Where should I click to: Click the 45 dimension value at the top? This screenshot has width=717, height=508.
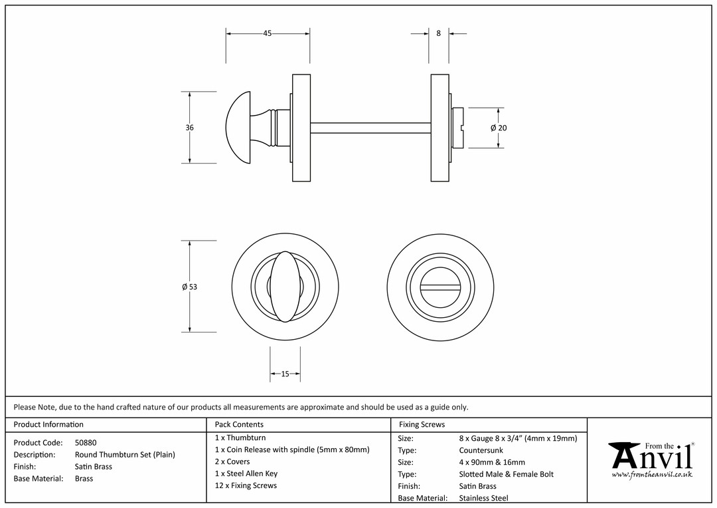coord(268,33)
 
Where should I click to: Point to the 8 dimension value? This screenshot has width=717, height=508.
coord(439,33)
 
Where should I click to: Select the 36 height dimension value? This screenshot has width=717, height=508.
coord(190,128)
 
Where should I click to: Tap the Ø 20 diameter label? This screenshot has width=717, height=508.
coord(499,128)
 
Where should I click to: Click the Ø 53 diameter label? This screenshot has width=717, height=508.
coord(189,287)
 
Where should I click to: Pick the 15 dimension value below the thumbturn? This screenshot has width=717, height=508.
coord(285,374)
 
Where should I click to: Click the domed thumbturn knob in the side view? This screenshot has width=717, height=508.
coord(238,128)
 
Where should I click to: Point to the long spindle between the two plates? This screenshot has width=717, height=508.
coord(370,128)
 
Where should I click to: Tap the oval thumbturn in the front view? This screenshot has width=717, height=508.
coord(285,287)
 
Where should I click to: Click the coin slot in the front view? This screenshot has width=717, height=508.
coord(440,288)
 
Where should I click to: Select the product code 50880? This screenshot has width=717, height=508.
coord(86,442)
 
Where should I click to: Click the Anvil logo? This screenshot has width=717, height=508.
coord(651,459)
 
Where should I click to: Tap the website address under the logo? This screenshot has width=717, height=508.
coord(652,475)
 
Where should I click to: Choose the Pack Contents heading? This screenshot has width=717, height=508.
coord(239,424)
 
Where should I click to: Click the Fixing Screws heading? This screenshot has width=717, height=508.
coord(422,424)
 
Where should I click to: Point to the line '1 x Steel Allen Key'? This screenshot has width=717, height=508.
coord(246,473)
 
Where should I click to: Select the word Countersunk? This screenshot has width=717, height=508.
coord(481,450)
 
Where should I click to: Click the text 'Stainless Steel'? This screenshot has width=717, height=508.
coord(484,498)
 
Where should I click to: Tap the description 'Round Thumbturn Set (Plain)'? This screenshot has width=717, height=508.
coord(125,454)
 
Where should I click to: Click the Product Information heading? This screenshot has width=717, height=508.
coord(48,424)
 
